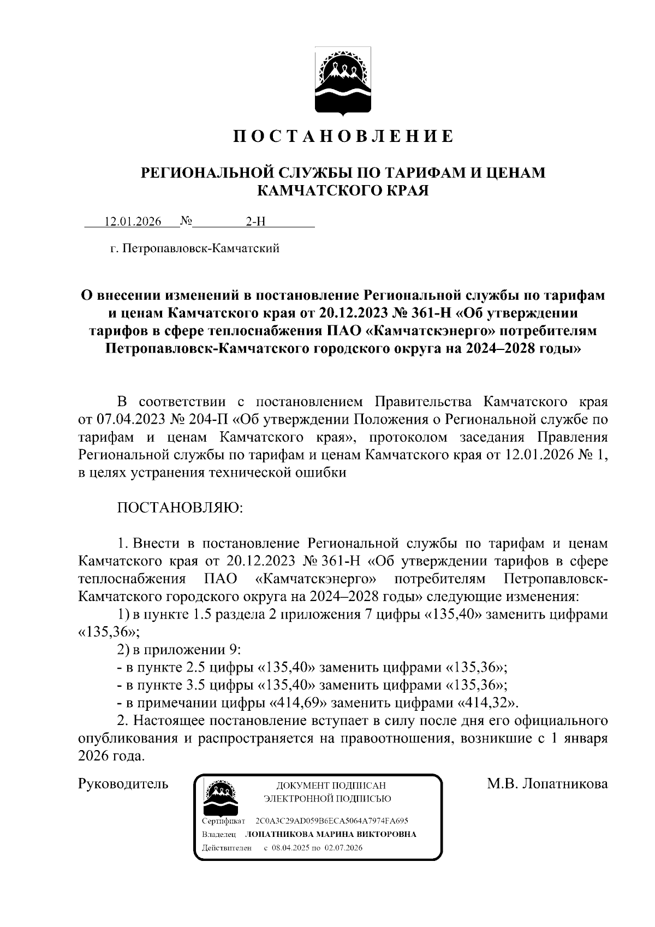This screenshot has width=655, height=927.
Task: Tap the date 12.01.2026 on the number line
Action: (133, 222)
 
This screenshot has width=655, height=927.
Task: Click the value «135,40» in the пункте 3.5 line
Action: (287, 685)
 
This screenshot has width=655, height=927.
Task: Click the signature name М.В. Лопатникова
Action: (547, 785)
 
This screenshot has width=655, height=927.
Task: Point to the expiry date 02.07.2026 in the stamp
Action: (344, 848)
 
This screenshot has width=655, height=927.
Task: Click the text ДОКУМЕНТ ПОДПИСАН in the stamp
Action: (331, 786)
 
